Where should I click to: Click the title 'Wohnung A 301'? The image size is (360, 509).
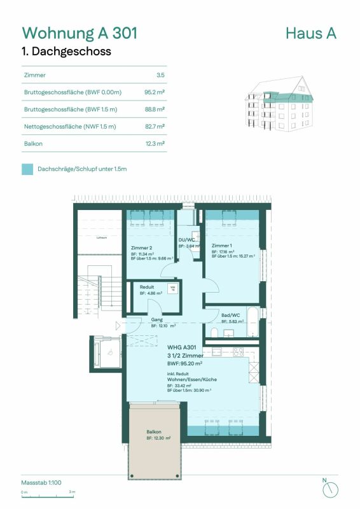(80, 33)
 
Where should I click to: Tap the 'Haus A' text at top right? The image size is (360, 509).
(311, 33)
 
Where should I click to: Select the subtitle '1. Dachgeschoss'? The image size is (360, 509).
(67, 52)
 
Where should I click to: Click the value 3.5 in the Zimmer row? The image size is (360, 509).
(161, 75)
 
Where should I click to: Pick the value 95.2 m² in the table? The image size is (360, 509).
(155, 92)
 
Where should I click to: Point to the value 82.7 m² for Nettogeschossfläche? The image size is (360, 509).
(155, 127)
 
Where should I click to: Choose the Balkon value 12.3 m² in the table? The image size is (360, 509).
(155, 144)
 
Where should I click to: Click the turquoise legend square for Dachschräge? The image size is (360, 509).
(27, 169)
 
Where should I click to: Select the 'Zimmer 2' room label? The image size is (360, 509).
(141, 247)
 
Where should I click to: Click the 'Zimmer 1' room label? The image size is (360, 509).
(222, 246)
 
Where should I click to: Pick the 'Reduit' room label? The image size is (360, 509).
(147, 287)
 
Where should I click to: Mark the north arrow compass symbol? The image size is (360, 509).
(330, 489)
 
